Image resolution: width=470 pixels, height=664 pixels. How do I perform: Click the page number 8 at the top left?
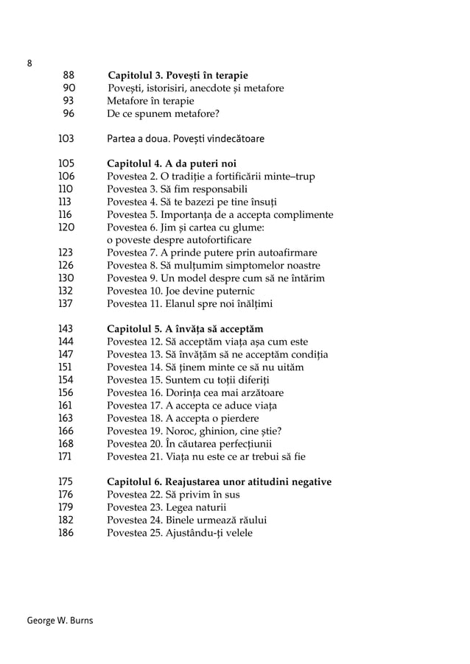29,63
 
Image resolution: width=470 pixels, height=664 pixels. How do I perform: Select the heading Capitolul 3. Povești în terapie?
178,75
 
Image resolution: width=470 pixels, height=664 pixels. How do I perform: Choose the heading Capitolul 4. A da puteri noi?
172,163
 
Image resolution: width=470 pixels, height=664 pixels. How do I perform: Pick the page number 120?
67,227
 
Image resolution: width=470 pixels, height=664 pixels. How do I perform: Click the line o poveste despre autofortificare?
179,240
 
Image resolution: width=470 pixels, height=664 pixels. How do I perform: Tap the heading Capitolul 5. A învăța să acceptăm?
185,328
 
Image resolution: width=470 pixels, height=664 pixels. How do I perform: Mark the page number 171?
66,456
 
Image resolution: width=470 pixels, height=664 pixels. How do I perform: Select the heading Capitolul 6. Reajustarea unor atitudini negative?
220,481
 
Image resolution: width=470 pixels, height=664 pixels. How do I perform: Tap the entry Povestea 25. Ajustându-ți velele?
180,532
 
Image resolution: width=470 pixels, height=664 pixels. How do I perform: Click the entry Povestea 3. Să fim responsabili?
177,188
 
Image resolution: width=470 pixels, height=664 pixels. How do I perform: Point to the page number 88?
69,75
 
